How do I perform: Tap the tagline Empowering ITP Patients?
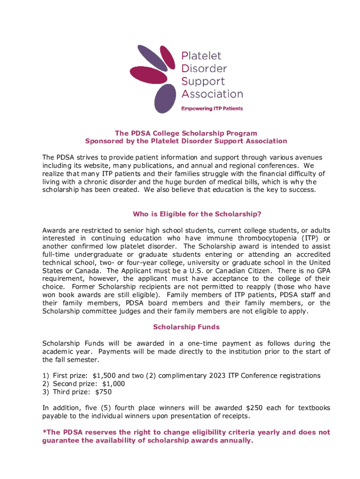tap(212, 109)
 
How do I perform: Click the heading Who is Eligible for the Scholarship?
tap(197, 214)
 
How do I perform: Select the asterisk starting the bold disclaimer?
tap(44, 431)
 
